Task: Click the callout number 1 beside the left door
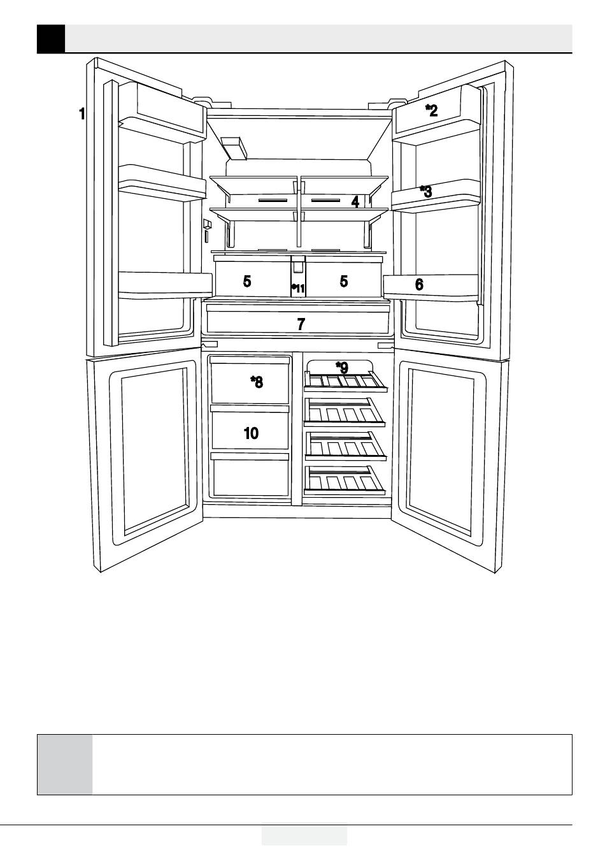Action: click(x=82, y=114)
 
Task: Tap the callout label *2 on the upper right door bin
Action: click(x=432, y=110)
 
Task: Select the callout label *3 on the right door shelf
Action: click(x=426, y=191)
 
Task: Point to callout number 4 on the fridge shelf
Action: click(x=355, y=202)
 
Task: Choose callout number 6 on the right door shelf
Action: click(x=419, y=285)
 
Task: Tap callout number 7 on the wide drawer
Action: click(x=301, y=324)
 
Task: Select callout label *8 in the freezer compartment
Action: click(x=257, y=382)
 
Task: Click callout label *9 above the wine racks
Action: click(x=343, y=368)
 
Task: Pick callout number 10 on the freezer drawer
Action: click(x=252, y=433)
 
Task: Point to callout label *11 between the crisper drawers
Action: click(x=298, y=289)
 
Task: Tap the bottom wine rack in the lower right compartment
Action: click(x=345, y=480)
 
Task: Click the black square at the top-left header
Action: click(x=51, y=39)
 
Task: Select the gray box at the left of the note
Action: click(x=64, y=764)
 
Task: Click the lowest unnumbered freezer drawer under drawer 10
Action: click(x=250, y=477)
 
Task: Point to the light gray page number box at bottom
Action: click(x=304, y=834)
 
